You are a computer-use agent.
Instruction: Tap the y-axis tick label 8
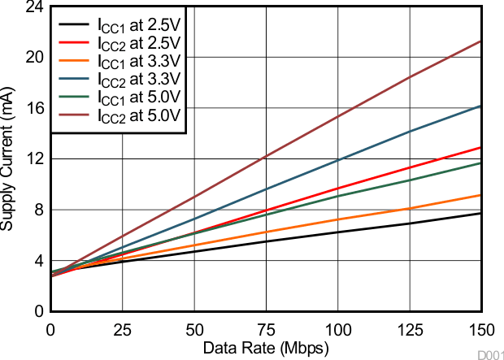(x=38, y=210)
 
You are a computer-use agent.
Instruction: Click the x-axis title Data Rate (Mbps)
(x=266, y=348)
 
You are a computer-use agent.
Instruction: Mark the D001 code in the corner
(x=489, y=355)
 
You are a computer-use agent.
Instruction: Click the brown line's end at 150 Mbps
(x=481, y=41)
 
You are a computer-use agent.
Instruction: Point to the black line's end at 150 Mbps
(x=481, y=213)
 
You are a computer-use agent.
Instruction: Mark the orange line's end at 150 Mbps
(x=481, y=195)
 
